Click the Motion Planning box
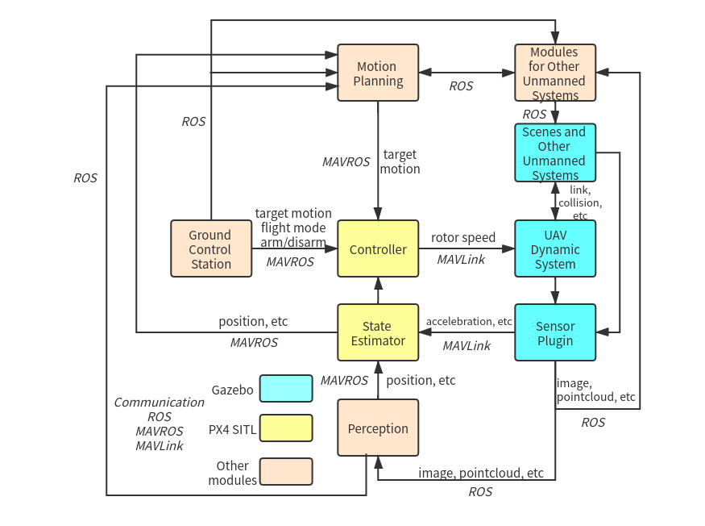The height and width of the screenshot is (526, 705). [x=378, y=73]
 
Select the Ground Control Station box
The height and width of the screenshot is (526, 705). [x=211, y=248]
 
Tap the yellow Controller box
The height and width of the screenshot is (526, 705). [x=378, y=248]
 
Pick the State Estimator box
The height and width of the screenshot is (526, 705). [x=378, y=333]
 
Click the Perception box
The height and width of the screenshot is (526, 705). [x=378, y=428]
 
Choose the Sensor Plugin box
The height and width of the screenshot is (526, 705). [x=555, y=333]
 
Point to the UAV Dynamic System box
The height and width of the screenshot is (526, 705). [x=555, y=248]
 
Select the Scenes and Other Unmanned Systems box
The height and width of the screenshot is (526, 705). [x=555, y=152]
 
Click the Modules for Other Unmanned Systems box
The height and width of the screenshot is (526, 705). [x=555, y=73]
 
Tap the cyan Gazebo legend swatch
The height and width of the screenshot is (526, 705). [x=286, y=388]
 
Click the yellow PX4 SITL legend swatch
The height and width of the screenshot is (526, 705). [x=286, y=428]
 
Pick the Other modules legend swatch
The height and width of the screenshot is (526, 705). [x=286, y=471]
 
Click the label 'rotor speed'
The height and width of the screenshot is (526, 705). [x=463, y=237]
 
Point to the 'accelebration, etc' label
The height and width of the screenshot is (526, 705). [x=469, y=321]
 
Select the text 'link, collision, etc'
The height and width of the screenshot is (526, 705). [x=580, y=202]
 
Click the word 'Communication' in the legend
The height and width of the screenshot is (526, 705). [x=160, y=402]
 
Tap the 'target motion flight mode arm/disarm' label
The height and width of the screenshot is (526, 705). [x=293, y=228]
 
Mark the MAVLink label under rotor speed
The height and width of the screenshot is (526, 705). [x=461, y=260]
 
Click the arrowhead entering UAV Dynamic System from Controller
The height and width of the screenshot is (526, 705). [x=508, y=248]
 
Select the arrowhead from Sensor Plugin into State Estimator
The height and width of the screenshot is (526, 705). [x=425, y=332]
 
